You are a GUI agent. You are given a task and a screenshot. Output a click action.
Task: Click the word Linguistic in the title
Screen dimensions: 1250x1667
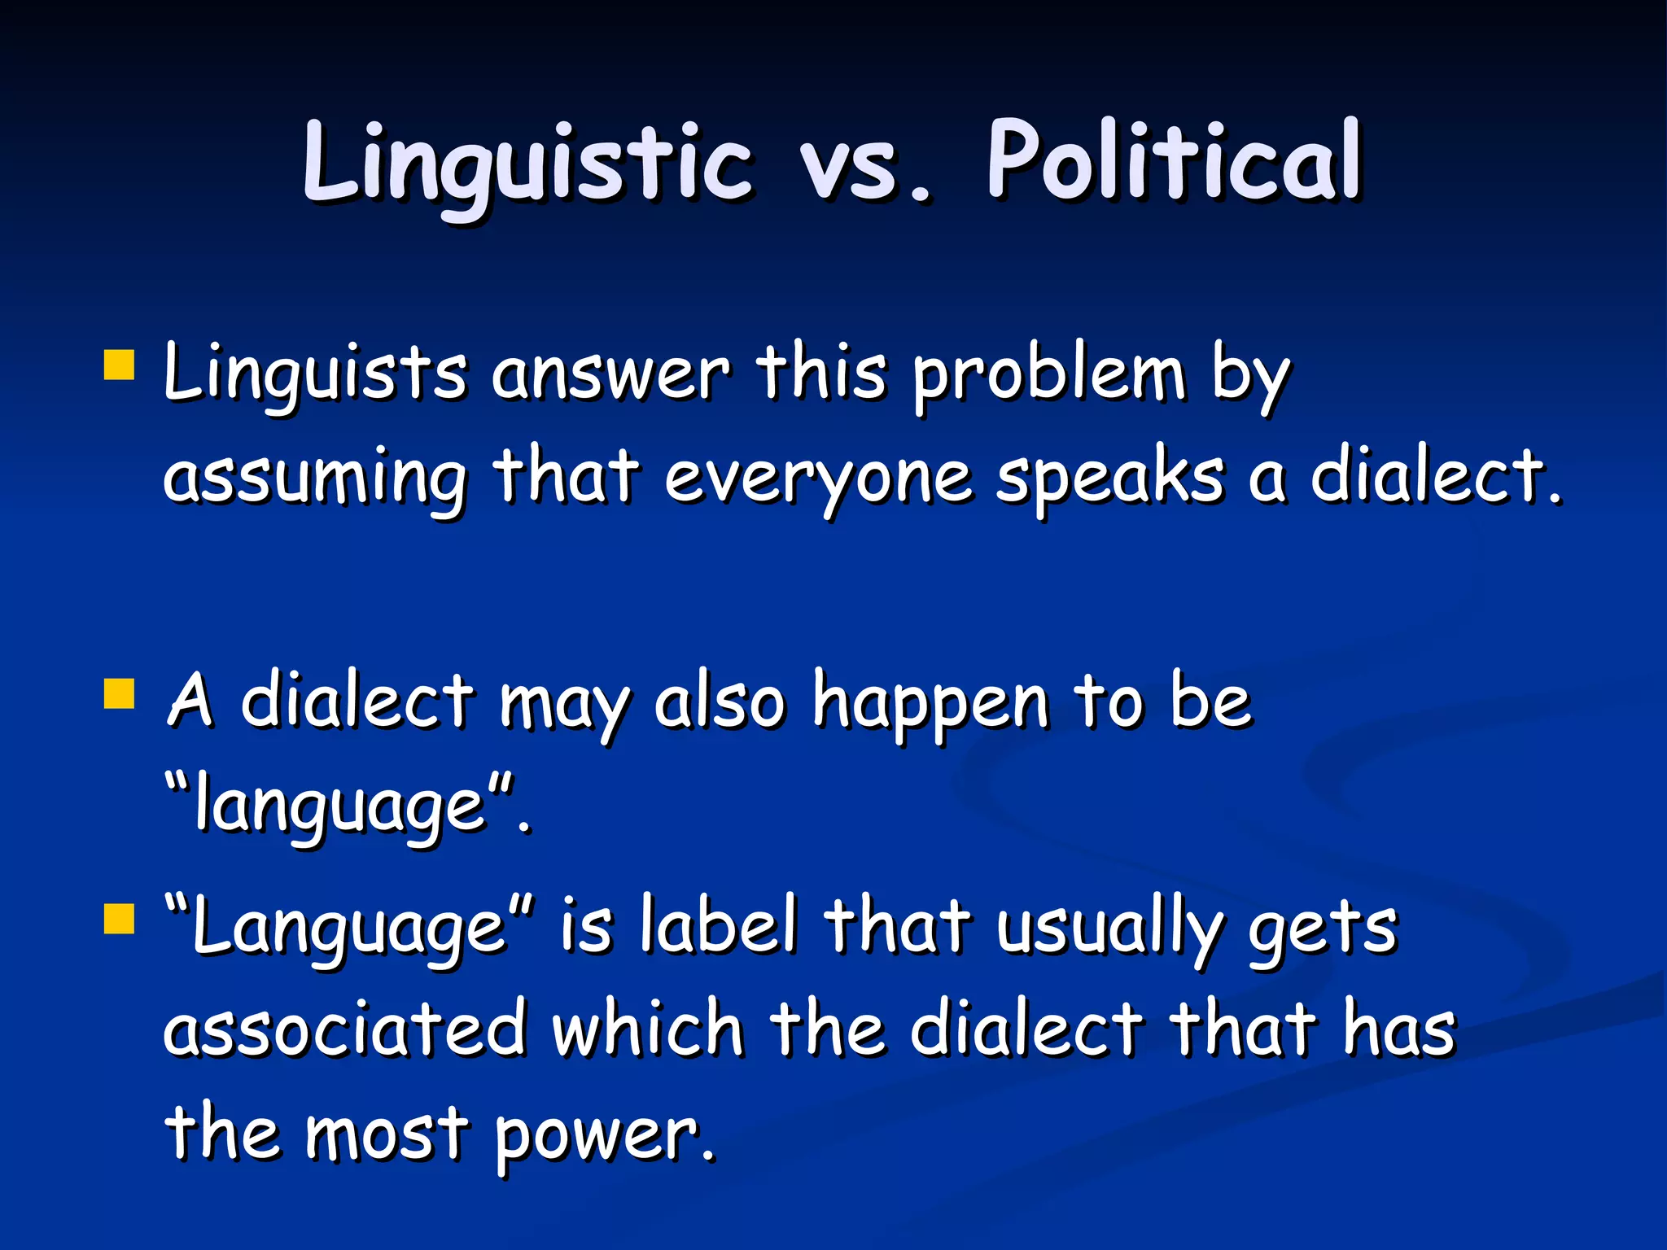[527, 163]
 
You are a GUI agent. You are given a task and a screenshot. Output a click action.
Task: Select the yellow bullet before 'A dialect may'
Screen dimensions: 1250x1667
[119, 695]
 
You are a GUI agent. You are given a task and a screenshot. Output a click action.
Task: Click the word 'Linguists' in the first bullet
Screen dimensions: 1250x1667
[314, 374]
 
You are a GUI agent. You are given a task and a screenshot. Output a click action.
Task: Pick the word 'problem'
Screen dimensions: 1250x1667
[1048, 376]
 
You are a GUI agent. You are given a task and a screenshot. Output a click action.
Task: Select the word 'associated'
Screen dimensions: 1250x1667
[343, 1029]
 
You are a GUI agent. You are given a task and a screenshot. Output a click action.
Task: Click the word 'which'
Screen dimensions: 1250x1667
[648, 1029]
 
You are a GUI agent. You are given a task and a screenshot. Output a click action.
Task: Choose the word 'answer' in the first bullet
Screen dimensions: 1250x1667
[611, 374]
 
